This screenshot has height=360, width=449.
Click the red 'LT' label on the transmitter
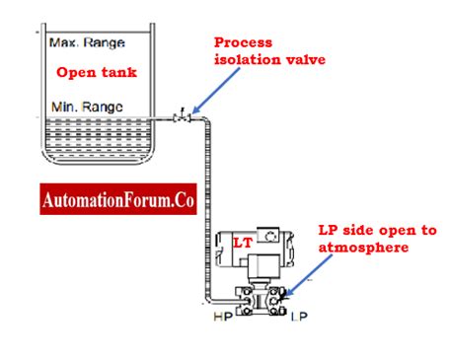click(x=242, y=243)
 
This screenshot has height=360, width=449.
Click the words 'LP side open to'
click(x=376, y=231)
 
